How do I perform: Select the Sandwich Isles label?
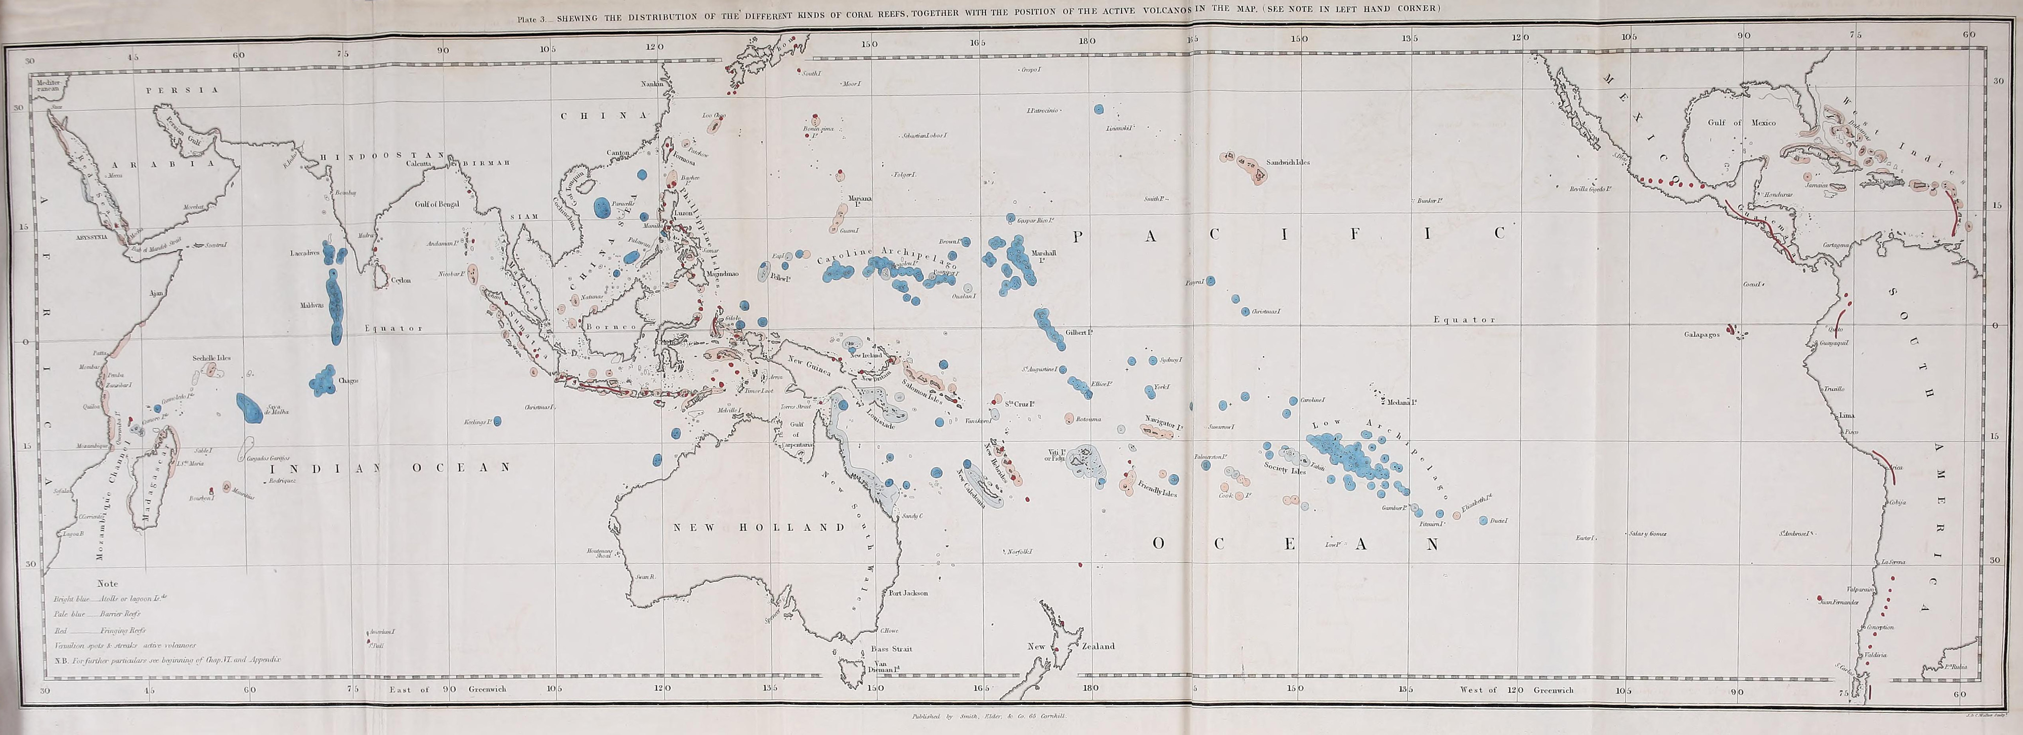pyautogui.click(x=1288, y=163)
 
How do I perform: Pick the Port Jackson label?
pyautogui.click(x=909, y=593)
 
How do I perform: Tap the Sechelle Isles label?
pyautogui.click(x=211, y=358)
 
